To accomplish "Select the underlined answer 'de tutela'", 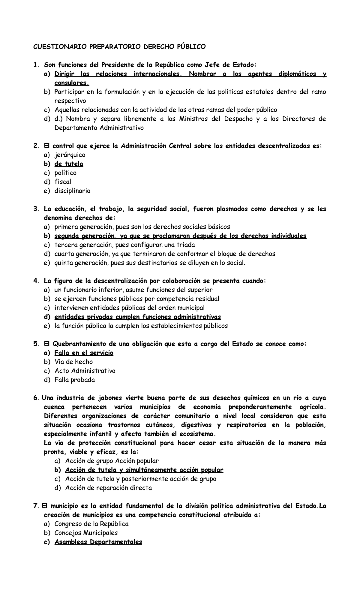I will click(69, 164).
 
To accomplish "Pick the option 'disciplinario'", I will click(72, 191).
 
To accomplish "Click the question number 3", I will click(36, 209).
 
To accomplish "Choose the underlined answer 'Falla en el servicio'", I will click(84, 353).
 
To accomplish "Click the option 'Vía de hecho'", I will click(73, 362).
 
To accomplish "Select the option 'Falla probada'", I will click(74, 380).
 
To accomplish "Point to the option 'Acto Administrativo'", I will click(85, 371).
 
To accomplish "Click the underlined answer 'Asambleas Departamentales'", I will click(98, 542).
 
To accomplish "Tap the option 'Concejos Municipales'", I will click(86, 533).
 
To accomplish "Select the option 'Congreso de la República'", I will click(91, 524).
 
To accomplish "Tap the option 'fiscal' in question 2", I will click(63, 182).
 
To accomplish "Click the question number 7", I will click(36, 506).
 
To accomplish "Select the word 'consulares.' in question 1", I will click(72, 83).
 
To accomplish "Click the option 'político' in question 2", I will click(65, 173).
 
